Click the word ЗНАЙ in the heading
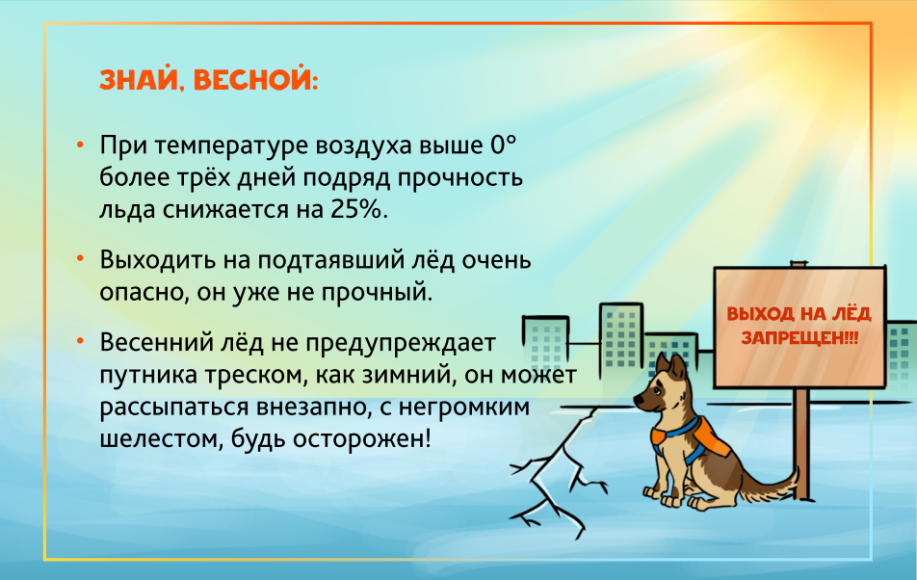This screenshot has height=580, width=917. coord(139,80)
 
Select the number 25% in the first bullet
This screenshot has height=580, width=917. coord(356,209)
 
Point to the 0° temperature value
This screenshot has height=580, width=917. coord(504,145)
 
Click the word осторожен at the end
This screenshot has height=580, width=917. coord(361,438)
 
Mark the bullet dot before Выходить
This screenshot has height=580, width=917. coord(80,257)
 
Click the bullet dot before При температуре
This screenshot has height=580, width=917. coord(80,144)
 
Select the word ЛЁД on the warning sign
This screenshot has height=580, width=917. coord(851,313)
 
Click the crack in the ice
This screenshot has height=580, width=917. coord(556,474)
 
